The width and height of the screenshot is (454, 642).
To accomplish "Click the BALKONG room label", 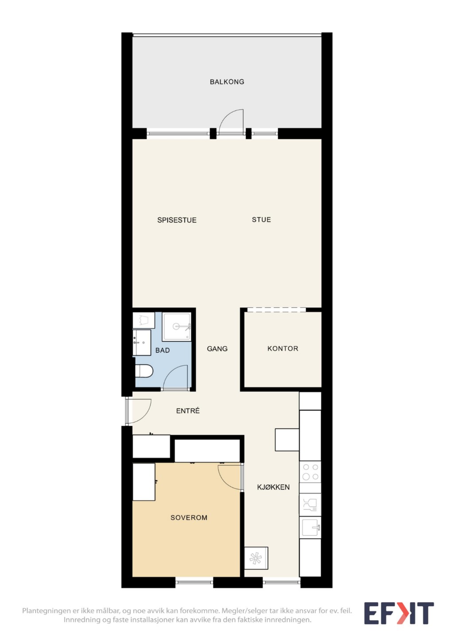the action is pyautogui.click(x=227, y=81).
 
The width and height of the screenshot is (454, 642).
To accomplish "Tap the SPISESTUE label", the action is pyautogui.click(x=177, y=220).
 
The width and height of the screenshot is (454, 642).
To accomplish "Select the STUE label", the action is pyautogui.click(x=261, y=220).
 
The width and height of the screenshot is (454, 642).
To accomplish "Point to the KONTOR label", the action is pyautogui.click(x=283, y=348).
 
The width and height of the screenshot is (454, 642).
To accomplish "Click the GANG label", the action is pyautogui.click(x=217, y=348).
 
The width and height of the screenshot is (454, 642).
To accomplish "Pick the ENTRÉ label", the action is pyautogui.click(x=188, y=410).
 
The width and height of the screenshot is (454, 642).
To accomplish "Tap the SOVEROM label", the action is pyautogui.click(x=189, y=517).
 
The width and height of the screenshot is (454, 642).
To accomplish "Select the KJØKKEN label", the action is pyautogui.click(x=273, y=487).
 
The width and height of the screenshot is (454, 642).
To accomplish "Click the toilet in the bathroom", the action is pyautogui.click(x=144, y=371).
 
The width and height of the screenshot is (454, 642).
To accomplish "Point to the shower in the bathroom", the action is pyautogui.click(x=176, y=326).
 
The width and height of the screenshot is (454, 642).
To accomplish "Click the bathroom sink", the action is pyautogui.click(x=142, y=343).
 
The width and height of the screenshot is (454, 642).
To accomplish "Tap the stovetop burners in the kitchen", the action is pyautogui.click(x=310, y=472).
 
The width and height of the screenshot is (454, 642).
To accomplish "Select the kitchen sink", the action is pyautogui.click(x=310, y=527).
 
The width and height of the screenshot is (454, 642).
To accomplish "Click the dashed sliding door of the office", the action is pyautogui.click(x=276, y=309).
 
